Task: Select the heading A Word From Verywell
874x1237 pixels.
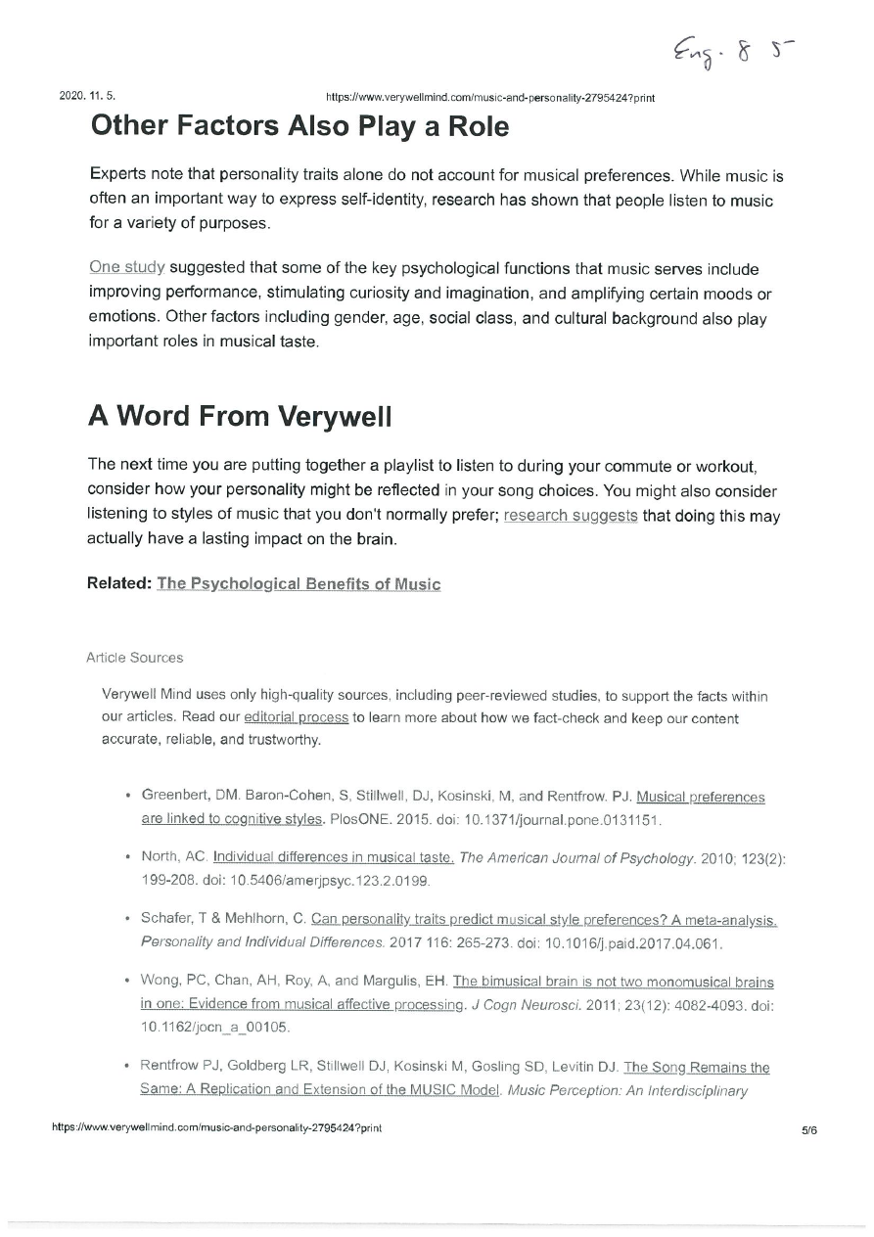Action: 240,416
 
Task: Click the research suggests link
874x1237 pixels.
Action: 571,516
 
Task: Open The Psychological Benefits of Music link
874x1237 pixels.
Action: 299,584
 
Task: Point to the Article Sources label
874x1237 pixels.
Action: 134,658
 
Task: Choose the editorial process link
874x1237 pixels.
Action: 296,717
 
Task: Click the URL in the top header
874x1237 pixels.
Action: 489,98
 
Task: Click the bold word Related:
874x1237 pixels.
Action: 119,584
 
